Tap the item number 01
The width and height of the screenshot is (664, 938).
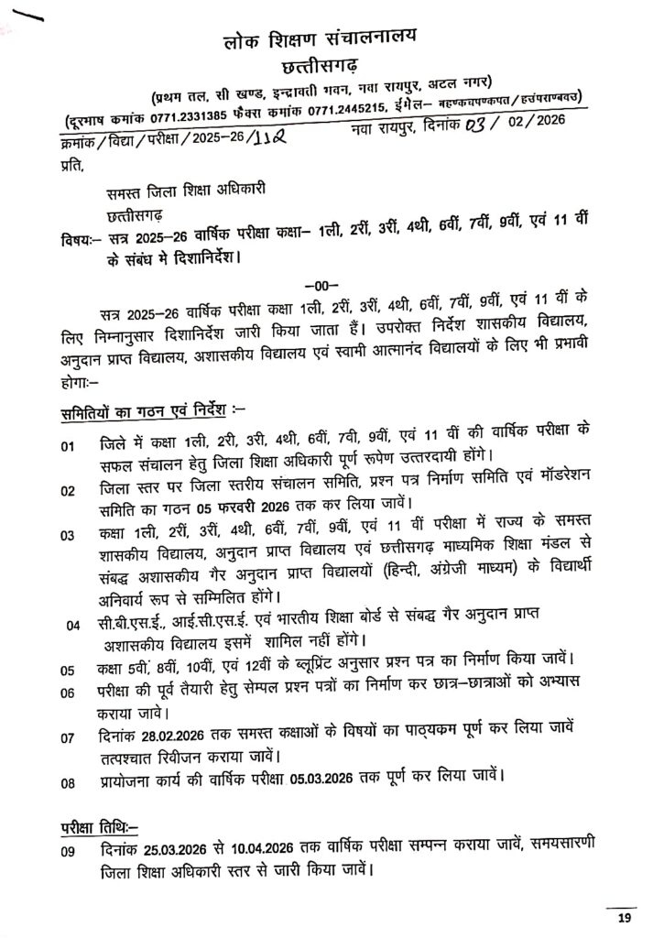coord(69,448)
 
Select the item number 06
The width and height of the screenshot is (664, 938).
coord(69,693)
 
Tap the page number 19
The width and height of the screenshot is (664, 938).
coord(625,918)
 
